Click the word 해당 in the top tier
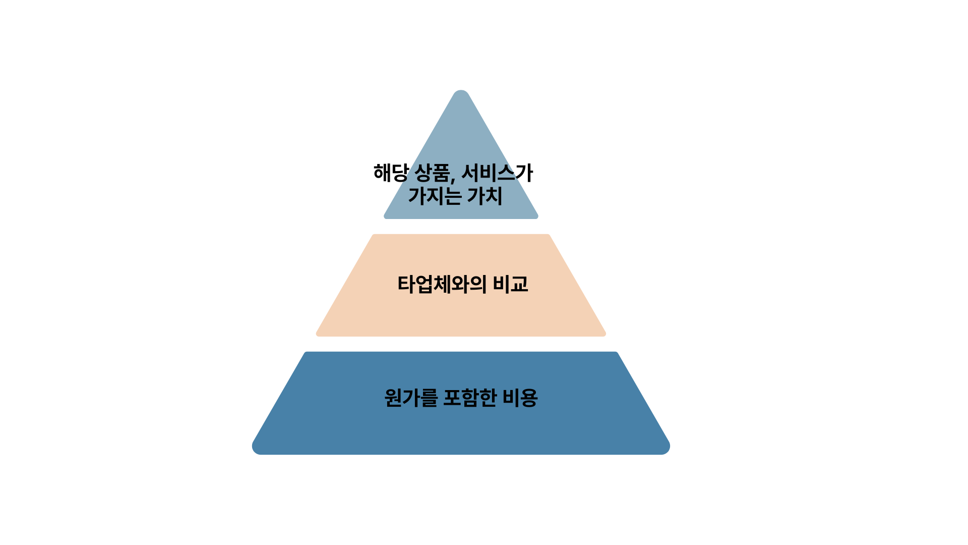[x=391, y=173]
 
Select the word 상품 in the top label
[x=432, y=173]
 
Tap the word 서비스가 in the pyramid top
[x=497, y=173]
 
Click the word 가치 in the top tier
[x=485, y=196]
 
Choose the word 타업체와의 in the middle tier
[x=442, y=285]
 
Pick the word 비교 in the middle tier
[x=510, y=285]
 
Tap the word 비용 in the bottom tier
[x=520, y=398]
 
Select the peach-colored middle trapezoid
[x=461, y=313]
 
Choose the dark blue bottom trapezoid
[x=461, y=429]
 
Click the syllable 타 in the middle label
[x=406, y=285]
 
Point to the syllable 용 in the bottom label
[x=529, y=398]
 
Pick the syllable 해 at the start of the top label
[x=382, y=173]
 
